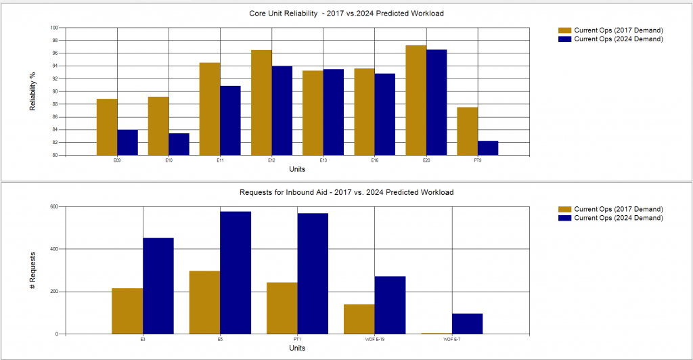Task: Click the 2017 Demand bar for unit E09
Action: (107, 127)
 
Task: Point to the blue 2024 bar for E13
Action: (333, 112)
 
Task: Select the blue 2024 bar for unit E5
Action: (236, 273)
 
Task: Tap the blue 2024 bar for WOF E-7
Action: (467, 324)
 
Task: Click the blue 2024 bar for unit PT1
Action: (313, 273)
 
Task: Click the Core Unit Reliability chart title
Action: (347, 14)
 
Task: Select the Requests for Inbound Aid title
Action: (346, 193)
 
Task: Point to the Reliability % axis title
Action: (32, 91)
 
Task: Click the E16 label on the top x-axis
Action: (374, 161)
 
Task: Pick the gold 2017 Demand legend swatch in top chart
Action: (564, 30)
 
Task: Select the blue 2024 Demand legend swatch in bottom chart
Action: (564, 218)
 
